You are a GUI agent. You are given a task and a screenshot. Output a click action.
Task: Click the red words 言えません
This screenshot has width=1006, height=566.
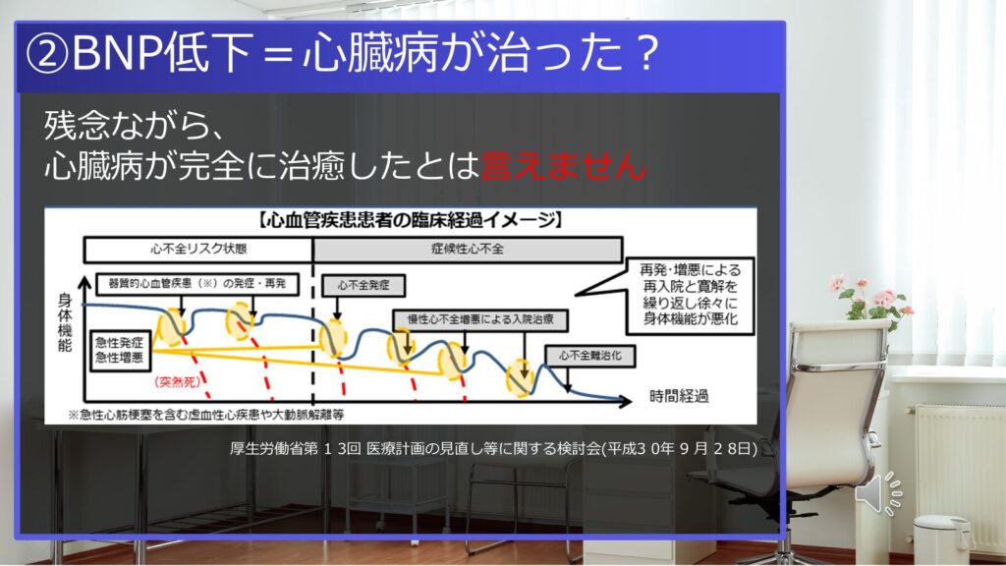click(563, 165)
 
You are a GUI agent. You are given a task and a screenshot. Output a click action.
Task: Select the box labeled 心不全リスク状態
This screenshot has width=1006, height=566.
click(198, 249)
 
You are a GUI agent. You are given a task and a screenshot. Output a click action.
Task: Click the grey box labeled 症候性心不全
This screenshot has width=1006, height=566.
click(468, 249)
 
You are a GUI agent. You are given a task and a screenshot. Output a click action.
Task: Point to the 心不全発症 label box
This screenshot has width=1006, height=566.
click(363, 286)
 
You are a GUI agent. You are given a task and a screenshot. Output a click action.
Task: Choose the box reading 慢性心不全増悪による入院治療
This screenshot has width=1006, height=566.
click(480, 319)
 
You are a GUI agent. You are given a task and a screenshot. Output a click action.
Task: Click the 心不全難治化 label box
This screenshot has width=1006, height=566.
click(590, 356)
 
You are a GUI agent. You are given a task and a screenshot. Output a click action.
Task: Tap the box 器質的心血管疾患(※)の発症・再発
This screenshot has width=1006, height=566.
click(197, 284)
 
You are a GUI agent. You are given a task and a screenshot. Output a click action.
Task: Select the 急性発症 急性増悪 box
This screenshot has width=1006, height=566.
click(119, 351)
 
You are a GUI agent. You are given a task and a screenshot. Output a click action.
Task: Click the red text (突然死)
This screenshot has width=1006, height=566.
click(177, 382)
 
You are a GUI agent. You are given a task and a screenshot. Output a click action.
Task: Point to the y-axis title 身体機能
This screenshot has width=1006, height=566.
click(65, 322)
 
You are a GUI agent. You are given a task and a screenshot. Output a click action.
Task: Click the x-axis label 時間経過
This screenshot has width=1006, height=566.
click(679, 397)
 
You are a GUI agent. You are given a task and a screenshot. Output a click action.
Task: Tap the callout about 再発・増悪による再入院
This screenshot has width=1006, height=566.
click(691, 295)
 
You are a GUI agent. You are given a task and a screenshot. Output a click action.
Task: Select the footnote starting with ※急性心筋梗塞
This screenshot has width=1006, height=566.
click(206, 415)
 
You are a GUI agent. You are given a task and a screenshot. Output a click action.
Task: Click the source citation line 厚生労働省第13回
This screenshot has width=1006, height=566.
click(493, 448)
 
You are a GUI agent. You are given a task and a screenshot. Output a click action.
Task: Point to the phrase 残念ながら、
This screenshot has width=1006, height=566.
click(134, 125)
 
